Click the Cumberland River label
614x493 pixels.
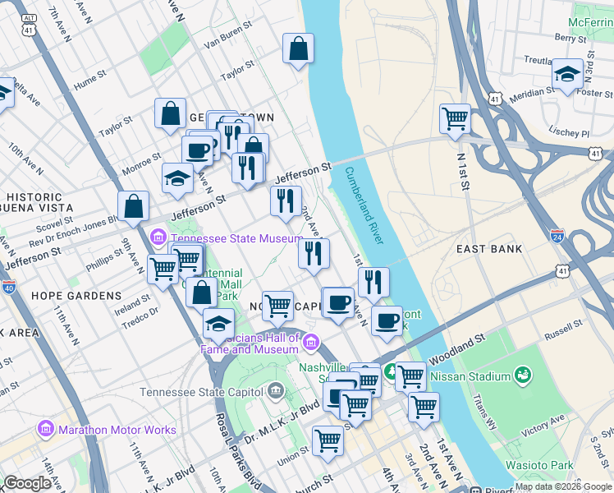point(364,205)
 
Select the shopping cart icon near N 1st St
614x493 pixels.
point(454,117)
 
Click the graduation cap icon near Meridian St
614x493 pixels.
point(567,74)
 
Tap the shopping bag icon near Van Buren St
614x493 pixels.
point(298,48)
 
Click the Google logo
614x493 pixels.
point(27,483)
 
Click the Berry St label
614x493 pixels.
point(567,37)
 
